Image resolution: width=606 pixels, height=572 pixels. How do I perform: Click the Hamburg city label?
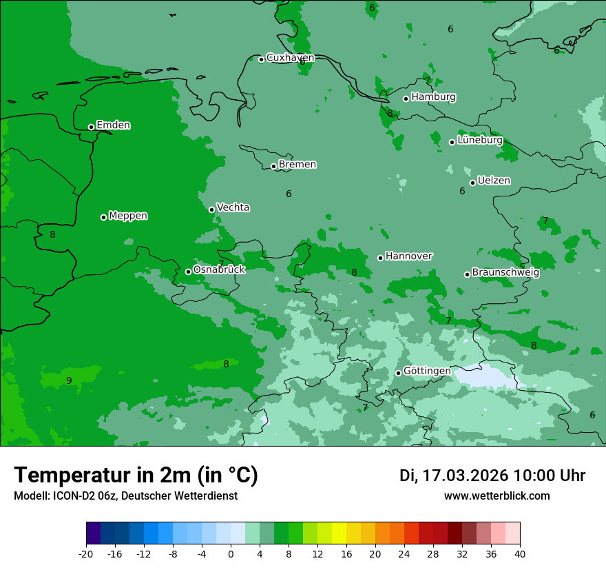click(x=433, y=97)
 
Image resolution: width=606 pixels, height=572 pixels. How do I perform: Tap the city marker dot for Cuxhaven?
click(x=261, y=59)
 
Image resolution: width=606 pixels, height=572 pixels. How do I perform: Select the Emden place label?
click(x=113, y=125)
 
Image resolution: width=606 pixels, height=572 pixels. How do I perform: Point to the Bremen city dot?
click(x=273, y=166)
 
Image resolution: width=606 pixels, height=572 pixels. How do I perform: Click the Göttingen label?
click(x=427, y=371)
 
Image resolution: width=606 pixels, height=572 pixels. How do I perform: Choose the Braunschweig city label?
click(x=505, y=272)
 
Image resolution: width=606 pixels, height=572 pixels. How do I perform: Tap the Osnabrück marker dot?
click(x=188, y=272)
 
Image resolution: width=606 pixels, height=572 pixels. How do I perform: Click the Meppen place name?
click(x=128, y=216)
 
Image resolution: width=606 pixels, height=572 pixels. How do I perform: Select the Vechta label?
click(x=233, y=207)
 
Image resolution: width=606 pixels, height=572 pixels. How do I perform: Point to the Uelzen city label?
click(x=494, y=181)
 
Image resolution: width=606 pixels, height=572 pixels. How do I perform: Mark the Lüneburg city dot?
click(x=452, y=142)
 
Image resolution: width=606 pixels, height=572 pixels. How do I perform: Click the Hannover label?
click(x=408, y=256)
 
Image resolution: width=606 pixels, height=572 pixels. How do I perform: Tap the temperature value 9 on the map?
click(x=69, y=380)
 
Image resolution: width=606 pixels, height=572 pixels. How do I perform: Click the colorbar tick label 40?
click(x=519, y=554)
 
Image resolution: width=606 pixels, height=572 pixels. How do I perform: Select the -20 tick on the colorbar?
click(x=86, y=554)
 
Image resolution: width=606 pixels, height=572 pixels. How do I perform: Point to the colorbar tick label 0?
click(x=231, y=554)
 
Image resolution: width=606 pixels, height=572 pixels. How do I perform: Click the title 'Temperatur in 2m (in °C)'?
click(x=136, y=476)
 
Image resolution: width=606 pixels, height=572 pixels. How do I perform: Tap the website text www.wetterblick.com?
click(x=497, y=496)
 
